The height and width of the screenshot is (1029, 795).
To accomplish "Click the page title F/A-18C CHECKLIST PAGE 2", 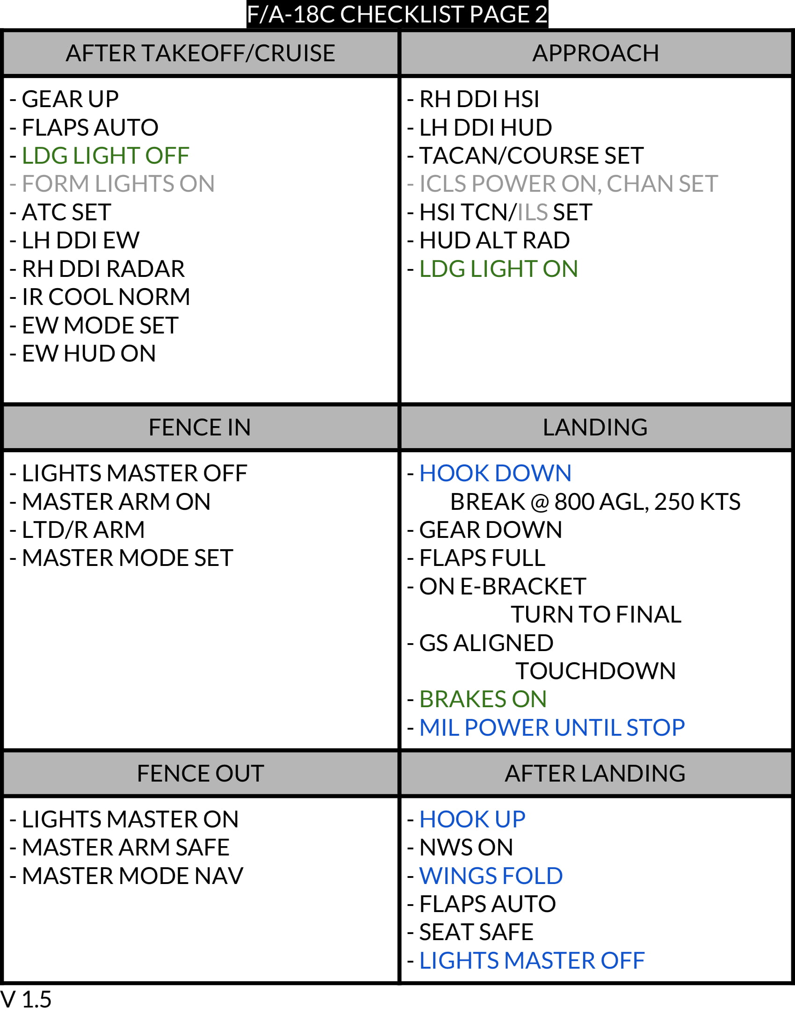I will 397,14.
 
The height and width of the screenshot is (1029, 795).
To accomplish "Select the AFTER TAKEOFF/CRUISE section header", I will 200,53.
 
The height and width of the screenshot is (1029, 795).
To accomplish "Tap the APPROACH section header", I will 595,53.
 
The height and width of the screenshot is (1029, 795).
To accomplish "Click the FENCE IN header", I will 200,428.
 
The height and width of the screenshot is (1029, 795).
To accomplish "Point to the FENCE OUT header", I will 200,773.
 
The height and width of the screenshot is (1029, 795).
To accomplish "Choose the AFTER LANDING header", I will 595,773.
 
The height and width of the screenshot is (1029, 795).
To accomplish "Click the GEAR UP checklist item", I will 70,100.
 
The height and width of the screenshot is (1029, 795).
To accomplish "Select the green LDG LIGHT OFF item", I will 105,156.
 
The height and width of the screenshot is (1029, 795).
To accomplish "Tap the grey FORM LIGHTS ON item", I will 118,184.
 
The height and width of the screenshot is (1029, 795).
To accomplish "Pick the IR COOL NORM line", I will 106,297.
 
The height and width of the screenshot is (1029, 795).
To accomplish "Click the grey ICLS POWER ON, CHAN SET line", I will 568,184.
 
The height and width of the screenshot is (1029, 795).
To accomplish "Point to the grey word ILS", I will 532,212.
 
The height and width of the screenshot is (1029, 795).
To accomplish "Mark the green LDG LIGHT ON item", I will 498,269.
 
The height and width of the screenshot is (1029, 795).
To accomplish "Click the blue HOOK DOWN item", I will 495,473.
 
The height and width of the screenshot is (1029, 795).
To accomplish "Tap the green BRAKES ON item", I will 482,699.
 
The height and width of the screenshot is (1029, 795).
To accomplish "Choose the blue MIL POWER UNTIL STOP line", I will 551,727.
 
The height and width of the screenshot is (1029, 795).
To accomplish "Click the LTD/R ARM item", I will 83,529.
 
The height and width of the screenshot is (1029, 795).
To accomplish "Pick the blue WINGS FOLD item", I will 491,876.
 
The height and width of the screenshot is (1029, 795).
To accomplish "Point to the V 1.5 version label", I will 26,1000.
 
